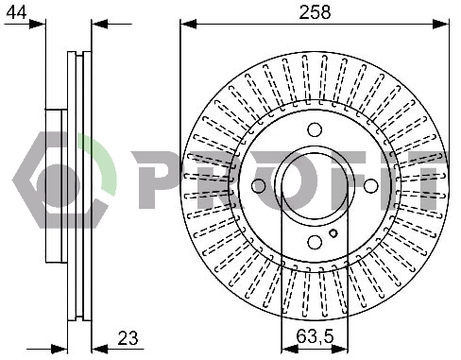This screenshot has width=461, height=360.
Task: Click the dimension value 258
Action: coord(315,12)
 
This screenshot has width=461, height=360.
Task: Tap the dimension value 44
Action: coord(16,12)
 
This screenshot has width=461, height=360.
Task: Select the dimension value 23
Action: coord(128,338)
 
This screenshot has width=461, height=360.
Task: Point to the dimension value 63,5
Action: coord(315,336)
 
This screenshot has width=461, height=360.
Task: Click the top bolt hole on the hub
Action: coord(315,129)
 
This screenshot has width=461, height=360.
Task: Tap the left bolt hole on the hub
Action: coord(259,186)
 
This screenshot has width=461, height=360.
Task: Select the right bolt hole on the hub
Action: coord(370,186)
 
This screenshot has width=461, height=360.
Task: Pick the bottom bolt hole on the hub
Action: coord(315,242)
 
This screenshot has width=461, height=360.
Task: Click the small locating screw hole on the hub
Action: coord(333,233)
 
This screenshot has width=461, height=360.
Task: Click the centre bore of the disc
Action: coord(315,186)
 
